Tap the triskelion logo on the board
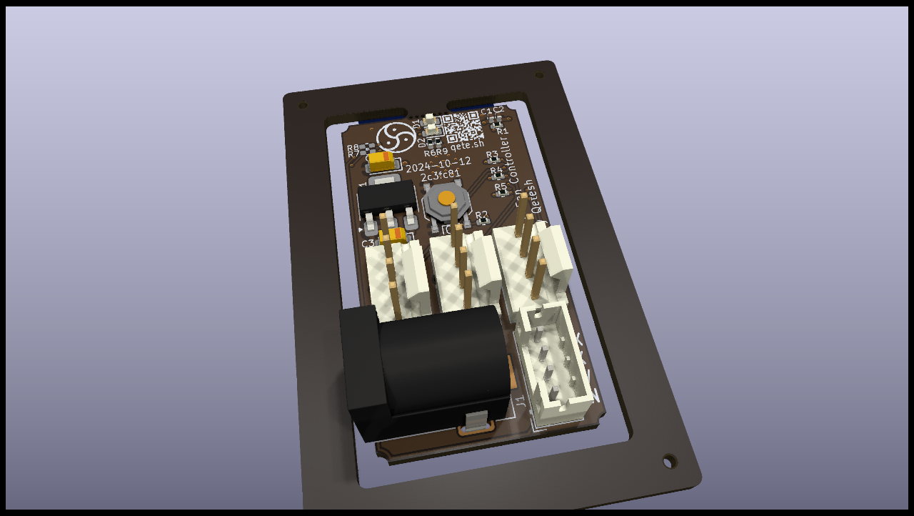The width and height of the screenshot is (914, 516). coord(396,137)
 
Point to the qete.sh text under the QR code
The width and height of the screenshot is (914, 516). coord(468,145)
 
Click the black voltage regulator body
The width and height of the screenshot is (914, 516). coord(387,197)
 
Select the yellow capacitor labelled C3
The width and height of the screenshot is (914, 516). coord(393,235)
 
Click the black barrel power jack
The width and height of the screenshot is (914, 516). coord(428,372)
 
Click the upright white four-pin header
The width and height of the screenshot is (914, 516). coord(556,361)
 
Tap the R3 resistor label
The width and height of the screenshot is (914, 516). coord(492,154)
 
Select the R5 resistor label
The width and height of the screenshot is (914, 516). coord(501,187)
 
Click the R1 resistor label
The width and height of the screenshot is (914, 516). coord(503,132)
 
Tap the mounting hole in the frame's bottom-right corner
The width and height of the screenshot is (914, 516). coord(669,461)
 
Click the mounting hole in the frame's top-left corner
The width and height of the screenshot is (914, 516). coord(303,105)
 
